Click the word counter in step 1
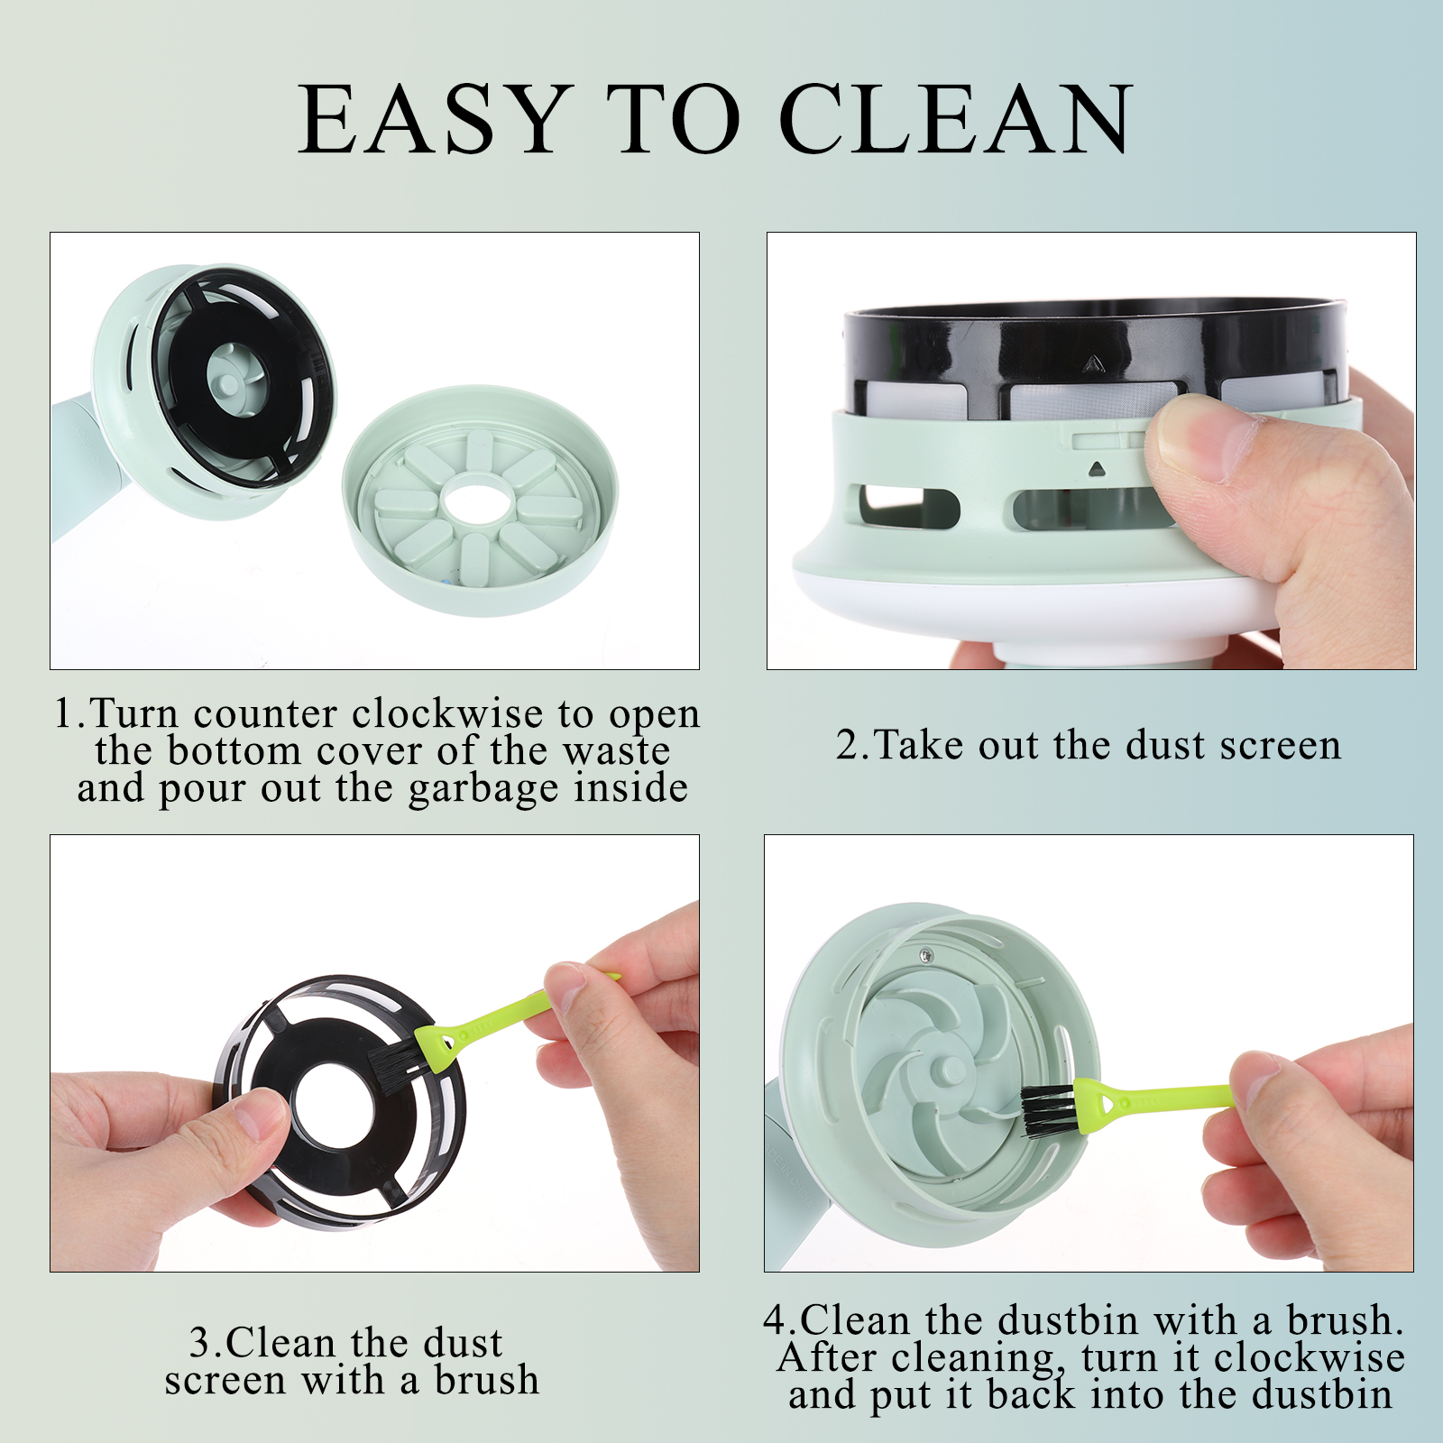point(265,714)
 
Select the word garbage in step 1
point(486,789)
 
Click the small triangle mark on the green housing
point(1096,469)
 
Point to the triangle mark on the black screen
point(1092,363)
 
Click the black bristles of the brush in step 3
point(395,1053)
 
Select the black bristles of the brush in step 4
point(1048,1110)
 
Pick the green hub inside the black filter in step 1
point(231,382)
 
